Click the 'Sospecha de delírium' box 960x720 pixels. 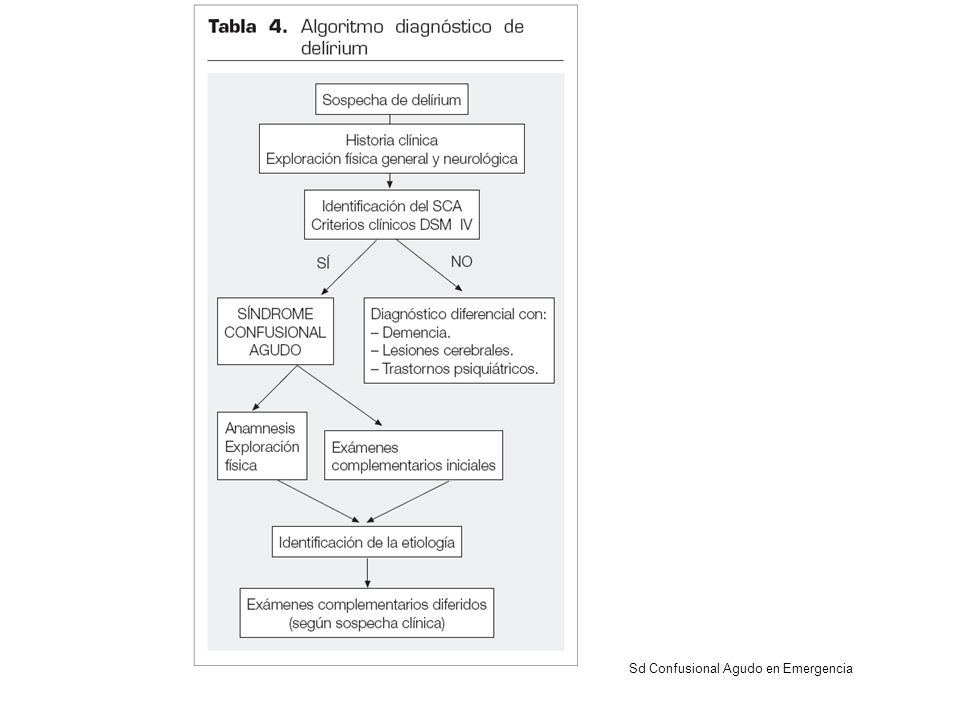click(x=392, y=99)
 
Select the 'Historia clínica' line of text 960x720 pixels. click(x=392, y=140)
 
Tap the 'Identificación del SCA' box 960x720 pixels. click(x=392, y=214)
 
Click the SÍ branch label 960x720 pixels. click(x=323, y=263)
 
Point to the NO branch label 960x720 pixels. click(x=462, y=261)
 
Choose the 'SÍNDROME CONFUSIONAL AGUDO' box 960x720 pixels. click(x=276, y=331)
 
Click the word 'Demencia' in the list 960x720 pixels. click(x=416, y=332)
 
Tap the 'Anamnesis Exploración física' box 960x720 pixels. click(x=262, y=446)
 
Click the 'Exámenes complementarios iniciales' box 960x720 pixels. click(x=413, y=455)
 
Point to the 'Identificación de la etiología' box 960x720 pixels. click(x=367, y=542)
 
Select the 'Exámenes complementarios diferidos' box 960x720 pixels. click(x=367, y=613)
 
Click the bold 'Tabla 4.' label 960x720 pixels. click(x=247, y=27)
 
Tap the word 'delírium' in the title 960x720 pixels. click(x=334, y=48)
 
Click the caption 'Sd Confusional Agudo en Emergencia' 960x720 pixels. click(x=741, y=669)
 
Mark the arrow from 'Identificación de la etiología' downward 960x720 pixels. click(x=367, y=572)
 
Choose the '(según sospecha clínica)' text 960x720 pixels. click(x=367, y=623)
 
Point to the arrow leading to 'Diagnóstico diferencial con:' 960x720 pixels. click(x=429, y=265)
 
